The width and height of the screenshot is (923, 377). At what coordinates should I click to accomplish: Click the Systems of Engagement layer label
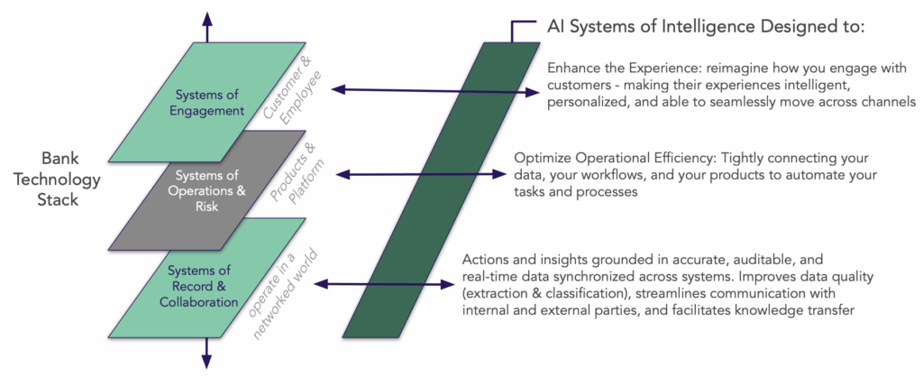pos(210,104)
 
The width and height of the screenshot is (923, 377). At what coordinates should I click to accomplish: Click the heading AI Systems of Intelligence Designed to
pos(706,29)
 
